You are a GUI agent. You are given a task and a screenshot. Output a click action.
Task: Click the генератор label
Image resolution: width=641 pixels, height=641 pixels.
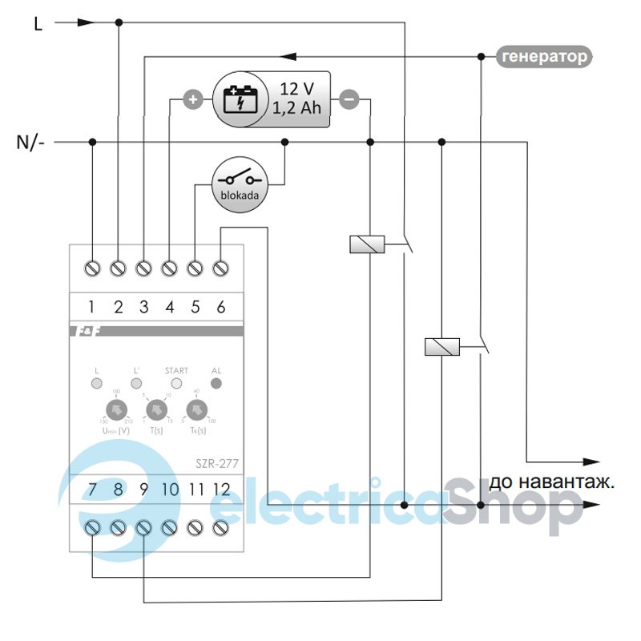545,56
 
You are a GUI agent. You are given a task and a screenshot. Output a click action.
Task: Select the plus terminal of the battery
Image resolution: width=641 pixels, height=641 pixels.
192,100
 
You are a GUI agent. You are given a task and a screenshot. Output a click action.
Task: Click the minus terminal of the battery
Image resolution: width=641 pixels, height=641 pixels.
349,100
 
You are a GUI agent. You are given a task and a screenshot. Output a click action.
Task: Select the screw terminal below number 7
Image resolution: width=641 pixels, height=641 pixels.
92,527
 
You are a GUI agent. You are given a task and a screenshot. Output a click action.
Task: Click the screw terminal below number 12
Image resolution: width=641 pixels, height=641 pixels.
220,527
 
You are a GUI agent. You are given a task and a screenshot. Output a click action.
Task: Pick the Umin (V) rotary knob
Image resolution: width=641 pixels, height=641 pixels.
117,410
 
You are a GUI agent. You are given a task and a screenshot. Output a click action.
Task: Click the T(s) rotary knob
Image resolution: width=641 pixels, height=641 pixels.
155,410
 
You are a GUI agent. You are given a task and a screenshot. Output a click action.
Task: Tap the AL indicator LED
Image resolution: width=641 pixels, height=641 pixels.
216,383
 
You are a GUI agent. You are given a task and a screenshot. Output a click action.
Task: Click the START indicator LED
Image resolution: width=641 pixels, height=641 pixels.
176,383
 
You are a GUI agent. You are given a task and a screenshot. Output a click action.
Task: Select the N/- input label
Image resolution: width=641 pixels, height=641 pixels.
31,143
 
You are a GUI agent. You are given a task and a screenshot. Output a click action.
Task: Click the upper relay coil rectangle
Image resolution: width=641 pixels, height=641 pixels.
368,244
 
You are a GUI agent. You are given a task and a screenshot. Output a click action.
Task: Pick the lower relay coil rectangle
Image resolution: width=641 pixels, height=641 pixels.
441,346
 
